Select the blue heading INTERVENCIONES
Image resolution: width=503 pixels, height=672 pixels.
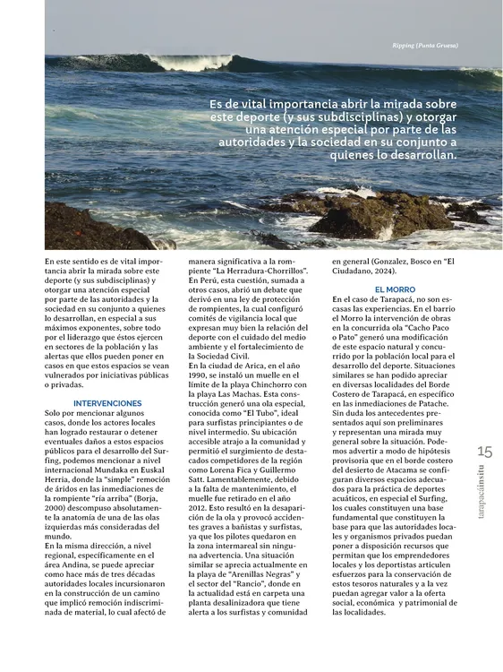pyautogui.click(x=107, y=403)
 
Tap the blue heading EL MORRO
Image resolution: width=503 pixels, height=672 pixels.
pyautogui.click(x=395, y=289)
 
